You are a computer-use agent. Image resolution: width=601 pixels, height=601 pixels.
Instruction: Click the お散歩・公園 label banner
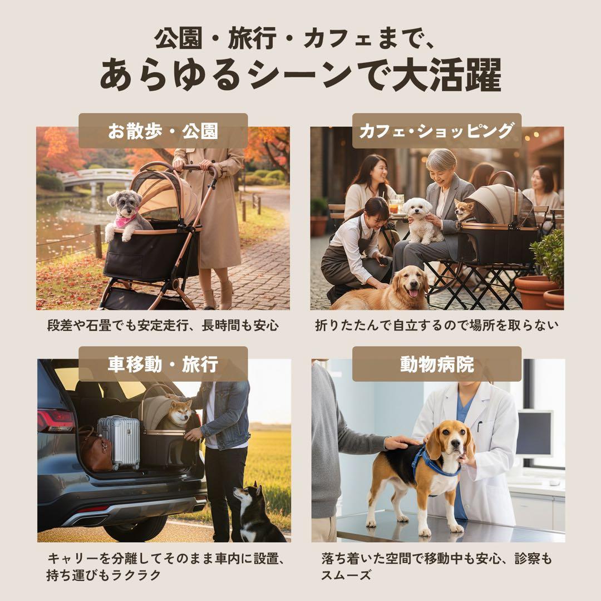[163, 131]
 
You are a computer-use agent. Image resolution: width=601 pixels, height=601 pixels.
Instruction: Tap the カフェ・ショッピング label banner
[436, 131]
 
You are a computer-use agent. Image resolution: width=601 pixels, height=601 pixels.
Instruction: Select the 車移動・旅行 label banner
[163, 364]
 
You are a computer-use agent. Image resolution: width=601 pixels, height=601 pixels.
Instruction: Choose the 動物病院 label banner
[436, 364]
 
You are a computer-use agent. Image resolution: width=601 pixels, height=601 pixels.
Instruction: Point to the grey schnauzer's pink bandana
[125, 219]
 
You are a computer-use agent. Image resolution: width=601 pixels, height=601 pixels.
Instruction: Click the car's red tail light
[55, 420]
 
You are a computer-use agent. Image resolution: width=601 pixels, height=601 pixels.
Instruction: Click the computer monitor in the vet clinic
[534, 433]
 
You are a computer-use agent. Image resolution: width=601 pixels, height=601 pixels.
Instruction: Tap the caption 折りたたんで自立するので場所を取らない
[436, 325]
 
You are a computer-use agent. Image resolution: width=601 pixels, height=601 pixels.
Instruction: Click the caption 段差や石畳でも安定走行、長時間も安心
[162, 325]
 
